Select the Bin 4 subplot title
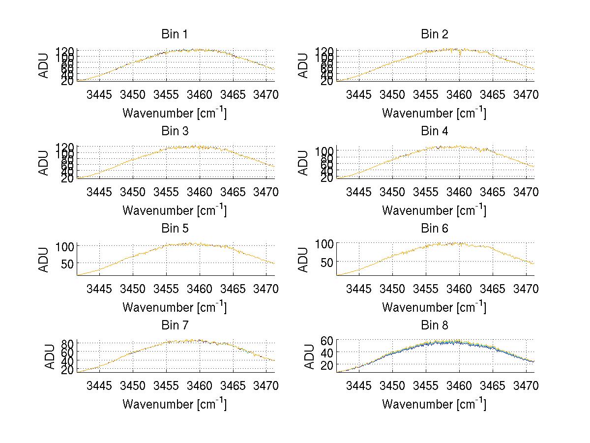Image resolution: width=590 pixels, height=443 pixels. pos(434,131)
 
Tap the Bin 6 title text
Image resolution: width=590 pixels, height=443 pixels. pos(434,229)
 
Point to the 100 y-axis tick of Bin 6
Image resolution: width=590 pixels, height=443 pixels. pos(324,243)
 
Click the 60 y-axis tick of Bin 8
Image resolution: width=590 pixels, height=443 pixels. pos(326,340)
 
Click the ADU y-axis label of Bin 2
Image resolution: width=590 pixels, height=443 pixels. pos(304,65)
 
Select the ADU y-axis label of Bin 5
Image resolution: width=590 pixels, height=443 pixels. pos(44,260)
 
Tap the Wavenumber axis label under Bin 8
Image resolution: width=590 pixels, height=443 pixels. pos(434,404)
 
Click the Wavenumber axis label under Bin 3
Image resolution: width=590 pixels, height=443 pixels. pos(174,210)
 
